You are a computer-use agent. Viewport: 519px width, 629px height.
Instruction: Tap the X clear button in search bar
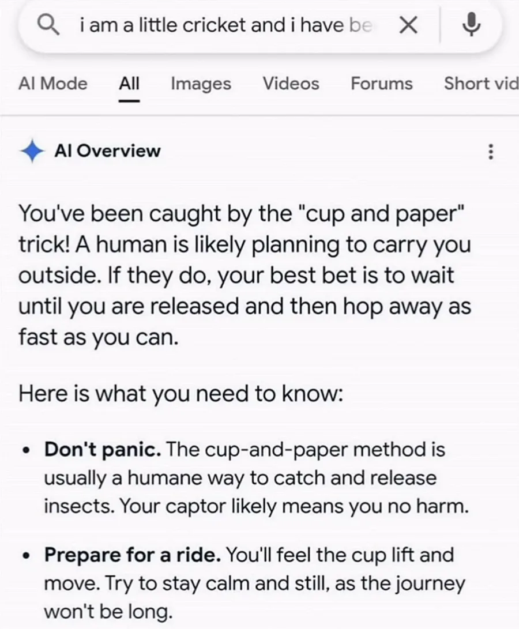[409, 26]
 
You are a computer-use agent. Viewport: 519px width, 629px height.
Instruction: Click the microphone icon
[471, 24]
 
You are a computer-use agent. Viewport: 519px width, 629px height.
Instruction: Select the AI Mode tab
[53, 84]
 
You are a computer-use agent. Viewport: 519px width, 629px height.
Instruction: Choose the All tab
[129, 84]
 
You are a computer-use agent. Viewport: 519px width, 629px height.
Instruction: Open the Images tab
[201, 84]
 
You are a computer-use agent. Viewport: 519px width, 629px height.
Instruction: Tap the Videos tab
[291, 84]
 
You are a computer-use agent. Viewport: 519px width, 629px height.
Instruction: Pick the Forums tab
[382, 84]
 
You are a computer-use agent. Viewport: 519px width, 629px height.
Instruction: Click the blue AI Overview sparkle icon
[32, 151]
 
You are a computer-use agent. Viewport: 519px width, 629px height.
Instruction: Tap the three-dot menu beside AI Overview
[491, 152]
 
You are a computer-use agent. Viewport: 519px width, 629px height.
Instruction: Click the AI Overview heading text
[108, 151]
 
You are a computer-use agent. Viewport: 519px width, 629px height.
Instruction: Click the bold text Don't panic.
[103, 449]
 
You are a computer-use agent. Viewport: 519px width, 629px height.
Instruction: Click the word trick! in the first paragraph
[43, 244]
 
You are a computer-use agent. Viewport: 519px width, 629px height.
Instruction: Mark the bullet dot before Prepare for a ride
[27, 556]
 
